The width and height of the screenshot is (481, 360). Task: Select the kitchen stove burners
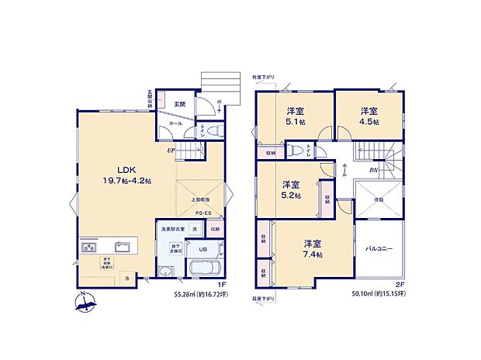tap(88, 249)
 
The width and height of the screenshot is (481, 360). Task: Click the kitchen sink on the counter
tap(120, 248)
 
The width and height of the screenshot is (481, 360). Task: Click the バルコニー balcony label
tap(379, 249)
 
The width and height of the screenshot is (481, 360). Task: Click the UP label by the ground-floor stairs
tap(170, 151)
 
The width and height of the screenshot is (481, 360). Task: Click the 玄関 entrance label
tap(179, 103)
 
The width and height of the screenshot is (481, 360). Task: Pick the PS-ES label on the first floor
tap(203, 212)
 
